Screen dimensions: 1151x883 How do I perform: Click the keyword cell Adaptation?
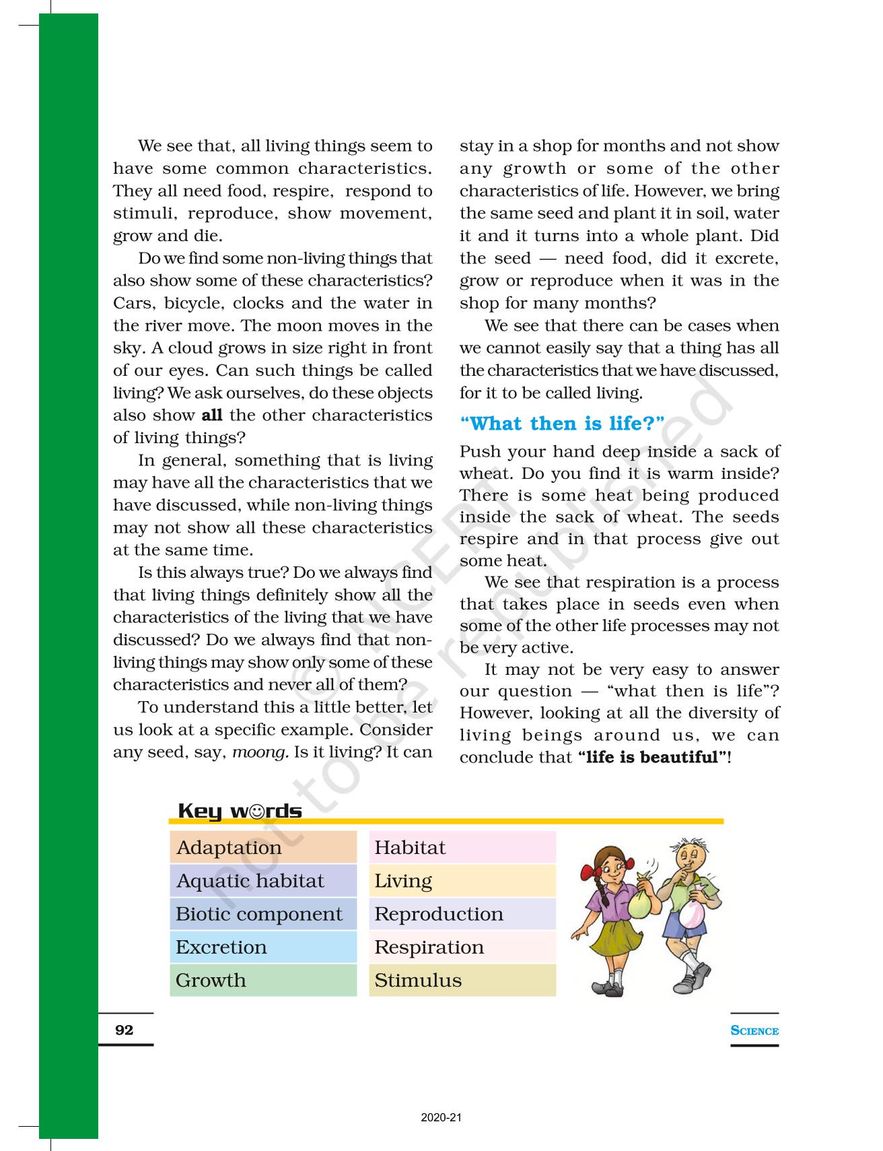263,847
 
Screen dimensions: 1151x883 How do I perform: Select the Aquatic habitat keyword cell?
263,880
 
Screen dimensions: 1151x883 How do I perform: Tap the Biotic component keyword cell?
263,914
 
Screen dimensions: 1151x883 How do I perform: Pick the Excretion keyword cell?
263,947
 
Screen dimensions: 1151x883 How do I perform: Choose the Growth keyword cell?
263,980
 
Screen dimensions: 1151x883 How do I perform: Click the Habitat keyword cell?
462,847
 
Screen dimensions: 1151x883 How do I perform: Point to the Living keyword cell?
462,880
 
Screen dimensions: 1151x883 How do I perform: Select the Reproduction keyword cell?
462,914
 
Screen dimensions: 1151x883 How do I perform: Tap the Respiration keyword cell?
462,947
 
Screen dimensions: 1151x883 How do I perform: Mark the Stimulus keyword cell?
462,980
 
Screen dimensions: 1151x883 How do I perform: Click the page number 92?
125,1030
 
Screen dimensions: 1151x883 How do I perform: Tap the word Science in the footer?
754,1030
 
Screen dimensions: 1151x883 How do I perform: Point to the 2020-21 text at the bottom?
441,1117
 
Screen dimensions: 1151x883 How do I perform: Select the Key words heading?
240,811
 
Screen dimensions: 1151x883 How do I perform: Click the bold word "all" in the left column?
212,415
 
